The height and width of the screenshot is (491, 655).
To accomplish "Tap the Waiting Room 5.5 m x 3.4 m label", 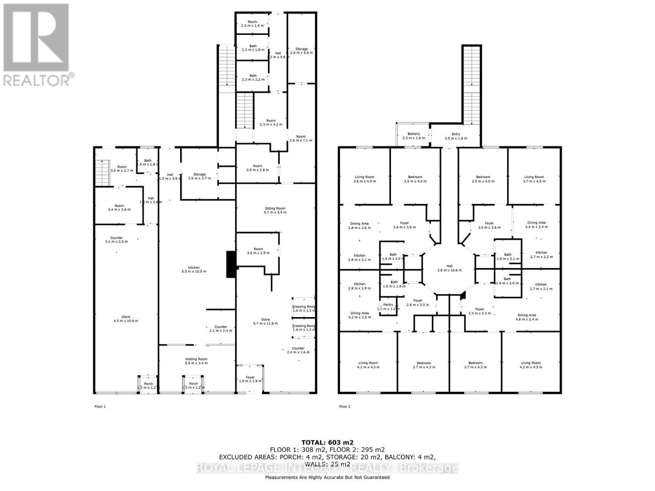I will (196, 361).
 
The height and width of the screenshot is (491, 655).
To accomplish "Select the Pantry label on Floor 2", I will (388, 306).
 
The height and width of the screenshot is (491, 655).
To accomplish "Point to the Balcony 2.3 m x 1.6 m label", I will (413, 136).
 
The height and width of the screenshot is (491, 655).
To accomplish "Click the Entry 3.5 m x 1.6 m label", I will (456, 136).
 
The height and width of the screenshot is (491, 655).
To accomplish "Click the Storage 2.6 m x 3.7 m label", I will (200, 176).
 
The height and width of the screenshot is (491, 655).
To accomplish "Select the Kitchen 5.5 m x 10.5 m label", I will (194, 269).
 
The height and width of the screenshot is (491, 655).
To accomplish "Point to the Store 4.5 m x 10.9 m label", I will (126, 319).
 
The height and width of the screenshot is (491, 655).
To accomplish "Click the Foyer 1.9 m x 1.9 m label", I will (250, 379).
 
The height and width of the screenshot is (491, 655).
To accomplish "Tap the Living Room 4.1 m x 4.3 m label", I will (368, 365).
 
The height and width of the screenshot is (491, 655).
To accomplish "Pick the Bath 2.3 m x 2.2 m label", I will (253, 77).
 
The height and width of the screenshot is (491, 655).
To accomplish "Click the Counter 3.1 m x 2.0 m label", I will (117, 239).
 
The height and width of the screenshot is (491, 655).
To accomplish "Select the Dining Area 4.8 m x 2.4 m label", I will (526, 317).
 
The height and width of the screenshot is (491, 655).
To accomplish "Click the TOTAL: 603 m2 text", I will (327, 442).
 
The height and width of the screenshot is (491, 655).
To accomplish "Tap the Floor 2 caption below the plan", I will (345, 407).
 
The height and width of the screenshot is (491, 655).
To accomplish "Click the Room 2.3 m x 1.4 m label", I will (252, 24).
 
